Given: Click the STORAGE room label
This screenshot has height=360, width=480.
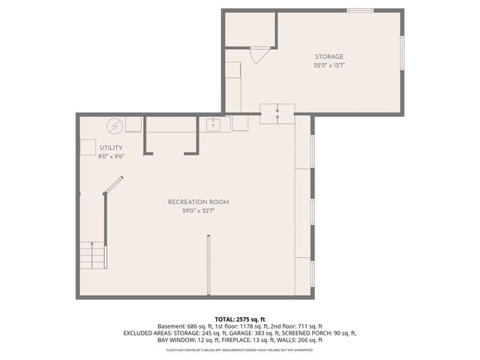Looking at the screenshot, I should click(x=329, y=57).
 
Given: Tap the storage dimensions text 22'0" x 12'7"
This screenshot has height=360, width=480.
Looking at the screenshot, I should click(x=329, y=65).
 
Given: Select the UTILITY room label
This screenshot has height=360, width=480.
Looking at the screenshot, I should click(x=110, y=148).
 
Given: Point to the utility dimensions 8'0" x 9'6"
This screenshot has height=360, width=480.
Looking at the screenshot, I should click(x=110, y=156).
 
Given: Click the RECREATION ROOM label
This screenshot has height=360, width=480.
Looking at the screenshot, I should click(x=198, y=202).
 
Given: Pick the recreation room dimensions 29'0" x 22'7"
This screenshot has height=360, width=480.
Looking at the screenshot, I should click(x=198, y=211).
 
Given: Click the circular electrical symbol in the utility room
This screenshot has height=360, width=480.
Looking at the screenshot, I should click(x=115, y=126).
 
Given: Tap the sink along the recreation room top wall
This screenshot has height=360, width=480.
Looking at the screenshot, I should click(x=213, y=124).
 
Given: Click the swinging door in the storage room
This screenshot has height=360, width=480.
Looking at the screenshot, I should click(x=259, y=54).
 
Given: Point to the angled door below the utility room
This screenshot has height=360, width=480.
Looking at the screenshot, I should click(x=113, y=184).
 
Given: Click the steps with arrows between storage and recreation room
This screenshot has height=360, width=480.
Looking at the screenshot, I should click(x=277, y=113).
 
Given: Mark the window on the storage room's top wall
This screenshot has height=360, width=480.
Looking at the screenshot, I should click(x=360, y=10).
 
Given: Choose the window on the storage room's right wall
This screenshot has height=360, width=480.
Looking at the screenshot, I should click(x=402, y=53).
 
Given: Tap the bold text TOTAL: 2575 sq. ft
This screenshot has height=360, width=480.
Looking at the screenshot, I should click(x=240, y=319).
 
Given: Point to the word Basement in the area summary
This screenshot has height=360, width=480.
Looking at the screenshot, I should click(x=170, y=326).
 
